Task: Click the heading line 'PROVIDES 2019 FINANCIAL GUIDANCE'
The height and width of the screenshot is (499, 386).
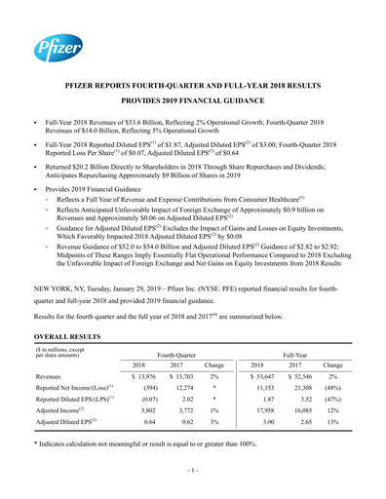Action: pos(192,100)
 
